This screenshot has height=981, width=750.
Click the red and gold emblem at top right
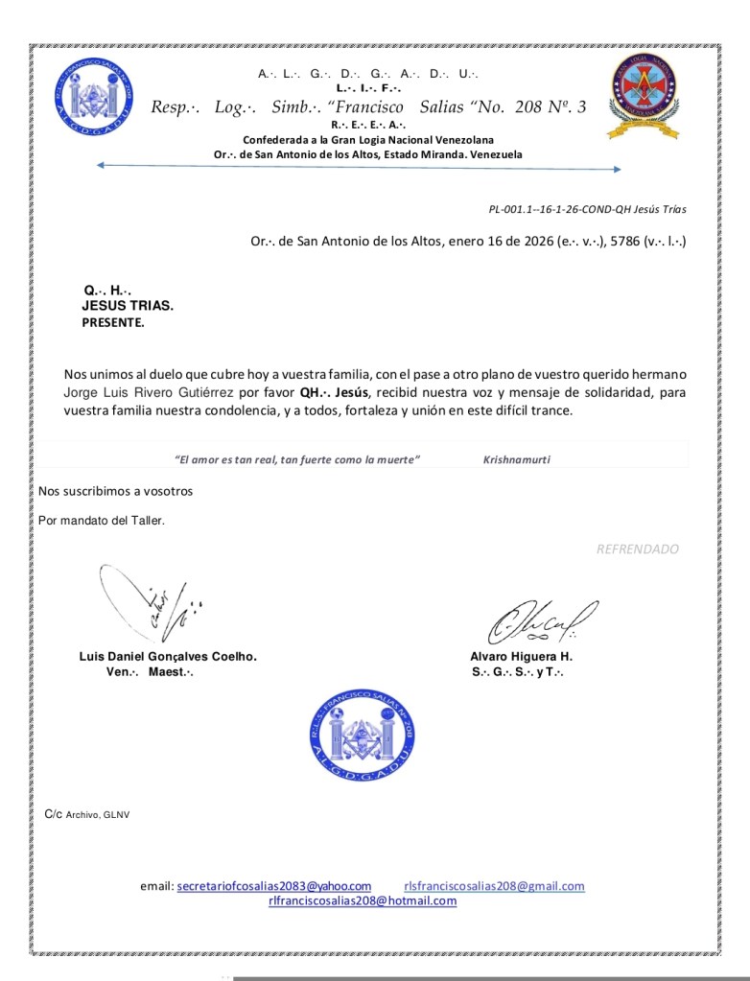pyautogui.click(x=645, y=95)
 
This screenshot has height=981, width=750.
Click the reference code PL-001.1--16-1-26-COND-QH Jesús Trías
pyautogui.click(x=587, y=209)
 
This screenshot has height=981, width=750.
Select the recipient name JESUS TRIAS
pyautogui.click(x=128, y=306)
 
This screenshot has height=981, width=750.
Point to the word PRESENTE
pyautogui.click(x=113, y=323)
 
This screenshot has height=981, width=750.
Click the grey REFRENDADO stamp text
pyautogui.click(x=637, y=549)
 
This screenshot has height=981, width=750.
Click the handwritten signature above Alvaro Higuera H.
pyautogui.click(x=541, y=621)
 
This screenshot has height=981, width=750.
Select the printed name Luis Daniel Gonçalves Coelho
pyautogui.click(x=168, y=657)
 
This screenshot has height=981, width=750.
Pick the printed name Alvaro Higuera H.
pyautogui.click(x=521, y=657)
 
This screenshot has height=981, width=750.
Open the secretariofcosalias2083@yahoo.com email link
pyautogui.click(x=274, y=886)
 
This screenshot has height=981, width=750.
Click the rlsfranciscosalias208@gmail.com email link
pyautogui.click(x=494, y=886)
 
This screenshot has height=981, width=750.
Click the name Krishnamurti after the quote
pyautogui.click(x=516, y=459)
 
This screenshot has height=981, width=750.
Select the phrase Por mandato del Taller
pyautogui.click(x=101, y=521)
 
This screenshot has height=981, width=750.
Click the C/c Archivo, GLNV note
pyautogui.click(x=86, y=814)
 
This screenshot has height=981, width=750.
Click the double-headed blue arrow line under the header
pyautogui.click(x=359, y=169)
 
